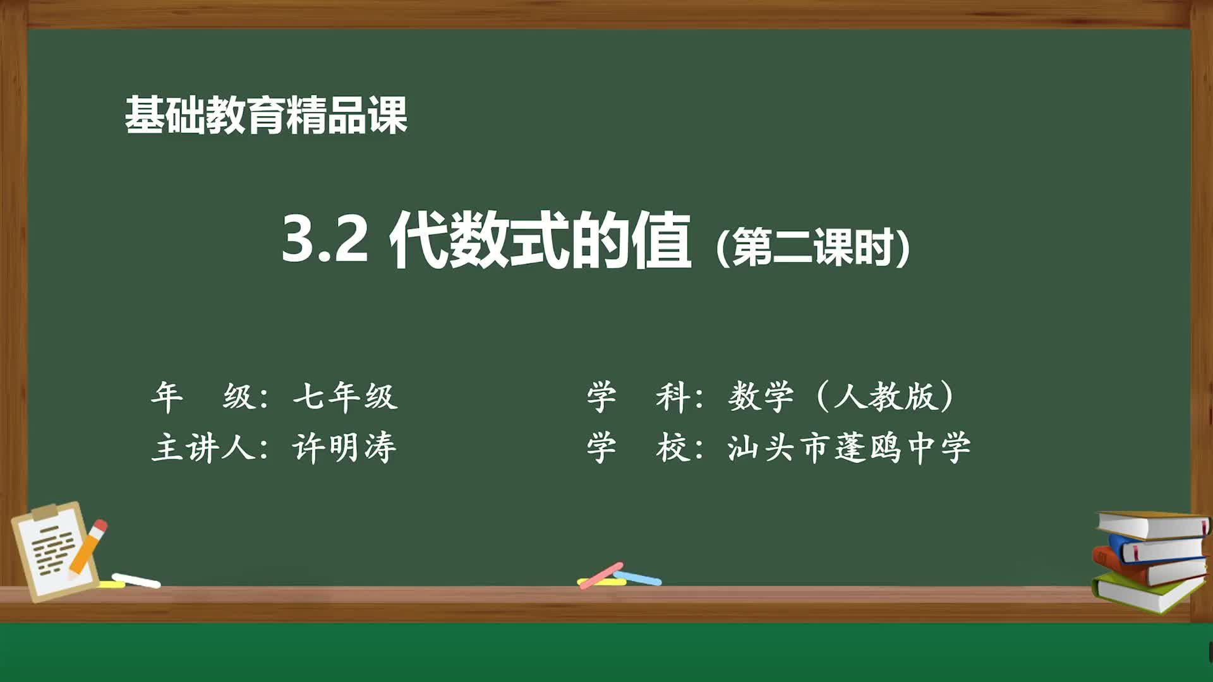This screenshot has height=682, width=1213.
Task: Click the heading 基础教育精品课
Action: coord(265,116)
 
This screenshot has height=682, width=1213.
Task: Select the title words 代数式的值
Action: coord(540,241)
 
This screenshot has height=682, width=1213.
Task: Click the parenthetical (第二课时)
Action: coord(813,247)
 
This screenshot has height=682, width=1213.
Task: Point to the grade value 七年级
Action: coord(345,397)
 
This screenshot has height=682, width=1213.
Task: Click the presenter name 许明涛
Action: coord(344,448)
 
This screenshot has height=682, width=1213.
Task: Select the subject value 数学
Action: coord(761,397)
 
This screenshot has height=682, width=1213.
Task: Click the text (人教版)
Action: coord(884,397)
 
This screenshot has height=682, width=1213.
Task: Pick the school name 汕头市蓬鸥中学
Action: coord(848,448)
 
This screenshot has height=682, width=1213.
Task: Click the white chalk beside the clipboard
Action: coord(136,580)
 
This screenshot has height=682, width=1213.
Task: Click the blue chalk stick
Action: coord(638,578)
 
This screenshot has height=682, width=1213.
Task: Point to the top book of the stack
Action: coord(1153,524)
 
